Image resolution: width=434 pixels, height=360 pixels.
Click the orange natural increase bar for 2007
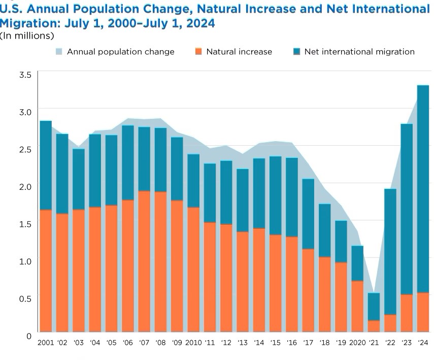[x=144, y=261]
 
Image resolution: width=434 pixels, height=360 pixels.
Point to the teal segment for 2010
[x=193, y=181]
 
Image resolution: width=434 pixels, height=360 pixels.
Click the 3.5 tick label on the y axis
[x=25, y=74]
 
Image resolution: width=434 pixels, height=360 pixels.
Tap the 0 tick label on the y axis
[x=29, y=336]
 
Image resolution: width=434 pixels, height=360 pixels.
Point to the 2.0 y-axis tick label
[x=25, y=186]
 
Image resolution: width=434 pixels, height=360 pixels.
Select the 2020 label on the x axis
[x=358, y=343]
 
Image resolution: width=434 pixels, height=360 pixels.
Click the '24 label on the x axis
[x=423, y=343]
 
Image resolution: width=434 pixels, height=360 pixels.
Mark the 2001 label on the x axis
[x=46, y=343]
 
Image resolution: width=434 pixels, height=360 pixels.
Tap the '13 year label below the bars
[x=243, y=343]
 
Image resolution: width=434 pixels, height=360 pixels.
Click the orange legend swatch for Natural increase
[x=198, y=51]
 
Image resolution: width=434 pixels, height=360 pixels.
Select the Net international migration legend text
[x=359, y=52]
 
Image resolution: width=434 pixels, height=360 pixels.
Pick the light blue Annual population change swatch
[x=59, y=51]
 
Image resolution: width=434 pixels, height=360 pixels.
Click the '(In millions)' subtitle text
[x=27, y=36]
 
